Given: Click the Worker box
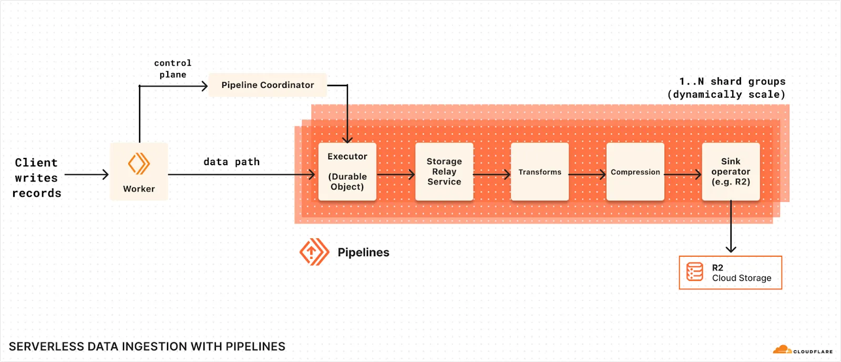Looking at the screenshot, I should [x=139, y=172].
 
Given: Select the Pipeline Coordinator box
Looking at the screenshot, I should [x=268, y=85].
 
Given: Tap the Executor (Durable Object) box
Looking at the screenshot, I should [x=347, y=172].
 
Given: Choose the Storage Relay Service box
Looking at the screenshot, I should [x=444, y=172].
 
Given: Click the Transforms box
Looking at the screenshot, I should [x=540, y=172].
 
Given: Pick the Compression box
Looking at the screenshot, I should [x=635, y=172].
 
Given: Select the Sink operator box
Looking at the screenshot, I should [x=731, y=172].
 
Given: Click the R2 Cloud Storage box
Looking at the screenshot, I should [x=730, y=273].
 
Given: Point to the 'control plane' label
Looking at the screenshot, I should [x=172, y=69].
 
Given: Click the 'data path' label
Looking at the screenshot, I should [x=231, y=162].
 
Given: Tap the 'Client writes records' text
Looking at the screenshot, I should [x=36, y=178].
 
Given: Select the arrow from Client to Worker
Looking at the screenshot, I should [x=86, y=174].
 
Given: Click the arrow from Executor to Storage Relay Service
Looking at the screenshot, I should [x=395, y=174].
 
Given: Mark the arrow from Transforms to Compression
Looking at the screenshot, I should [x=587, y=174].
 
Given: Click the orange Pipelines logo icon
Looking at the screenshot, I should [x=314, y=252].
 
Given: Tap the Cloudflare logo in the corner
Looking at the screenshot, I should [x=802, y=350].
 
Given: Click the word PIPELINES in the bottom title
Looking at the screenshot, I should [x=255, y=347].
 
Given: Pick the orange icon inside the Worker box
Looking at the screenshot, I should [x=139, y=164].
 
